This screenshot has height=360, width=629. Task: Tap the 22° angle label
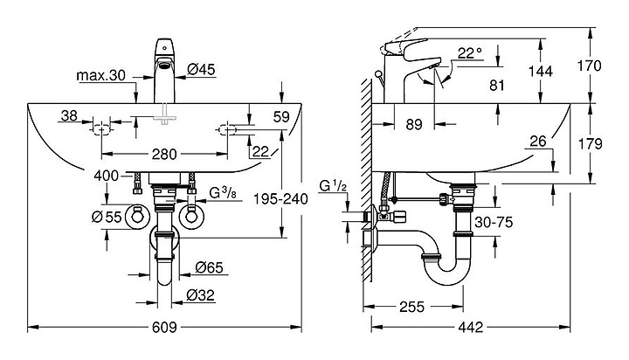point(467,54)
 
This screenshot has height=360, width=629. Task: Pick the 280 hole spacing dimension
point(166,155)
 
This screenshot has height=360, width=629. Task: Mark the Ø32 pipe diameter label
point(201,295)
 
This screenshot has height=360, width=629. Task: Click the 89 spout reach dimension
point(415,124)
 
